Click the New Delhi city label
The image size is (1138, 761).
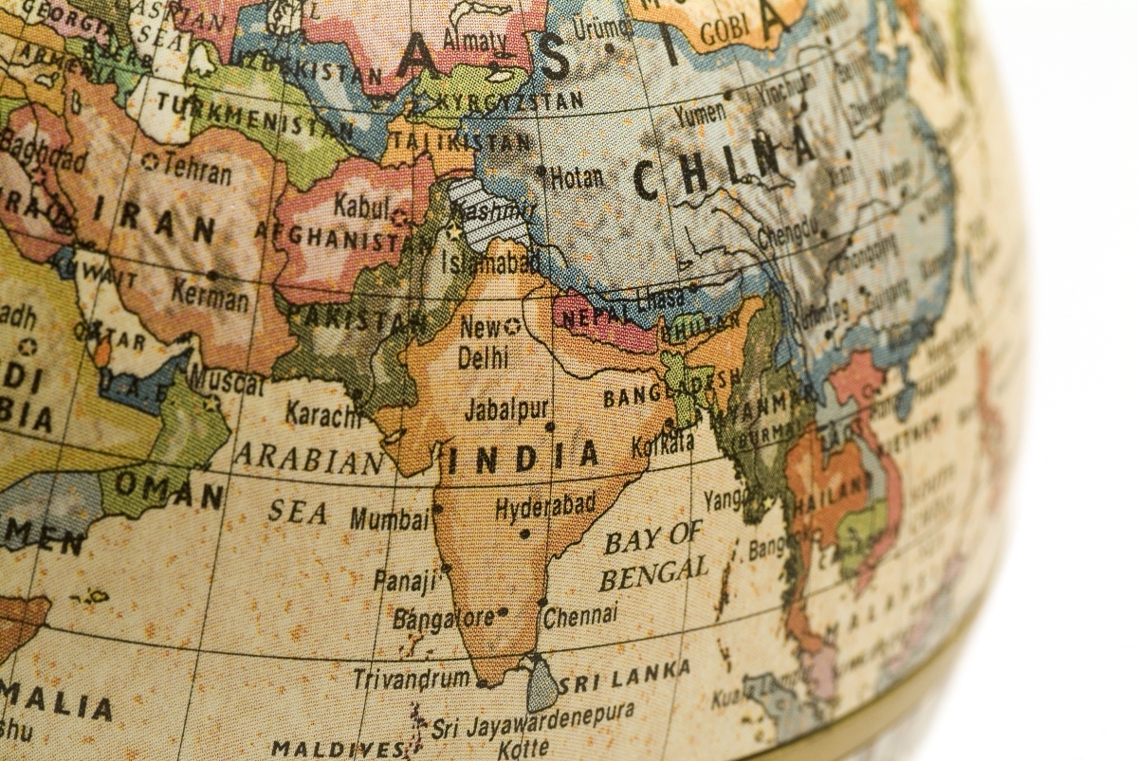(484, 342)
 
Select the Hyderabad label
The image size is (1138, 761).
(545, 508)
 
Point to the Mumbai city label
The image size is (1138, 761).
(389, 518)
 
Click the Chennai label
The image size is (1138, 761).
(580, 616)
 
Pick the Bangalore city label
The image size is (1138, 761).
(444, 619)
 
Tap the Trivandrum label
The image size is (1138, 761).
(412, 679)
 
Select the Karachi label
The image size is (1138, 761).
(323, 414)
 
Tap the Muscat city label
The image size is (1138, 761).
(227, 382)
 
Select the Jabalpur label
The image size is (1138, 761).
(506, 409)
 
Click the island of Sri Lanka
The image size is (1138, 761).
(541, 684)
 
